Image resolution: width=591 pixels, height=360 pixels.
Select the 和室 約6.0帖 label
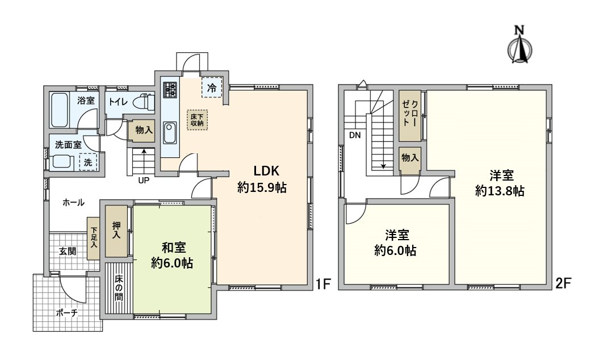(171, 256)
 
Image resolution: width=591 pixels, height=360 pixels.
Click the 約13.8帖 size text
(499, 191)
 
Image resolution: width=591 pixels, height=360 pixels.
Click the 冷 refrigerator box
(211, 87)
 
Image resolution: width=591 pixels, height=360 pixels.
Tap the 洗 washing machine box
(88, 162)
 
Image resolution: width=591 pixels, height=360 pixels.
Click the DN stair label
(355, 135)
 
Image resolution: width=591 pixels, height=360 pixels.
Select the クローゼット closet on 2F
(410, 116)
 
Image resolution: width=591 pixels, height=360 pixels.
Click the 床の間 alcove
(119, 290)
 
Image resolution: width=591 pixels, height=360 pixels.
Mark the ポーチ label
(66, 313)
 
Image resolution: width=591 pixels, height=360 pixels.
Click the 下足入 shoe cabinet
(94, 238)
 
